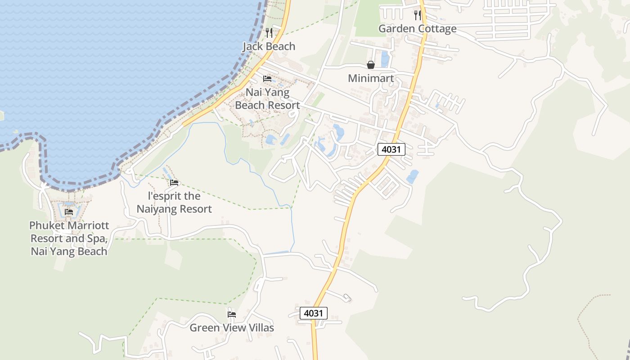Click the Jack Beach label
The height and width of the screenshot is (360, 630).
click(x=269, y=46)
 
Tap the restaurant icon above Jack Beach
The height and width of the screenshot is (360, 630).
click(x=269, y=32)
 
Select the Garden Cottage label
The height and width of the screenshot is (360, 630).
click(x=417, y=29)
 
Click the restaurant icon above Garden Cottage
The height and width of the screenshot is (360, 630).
click(x=418, y=15)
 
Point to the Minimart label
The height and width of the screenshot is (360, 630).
click(x=371, y=78)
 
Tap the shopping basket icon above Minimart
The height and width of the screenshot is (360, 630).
click(x=371, y=65)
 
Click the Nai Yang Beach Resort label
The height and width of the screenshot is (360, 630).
click(x=267, y=99)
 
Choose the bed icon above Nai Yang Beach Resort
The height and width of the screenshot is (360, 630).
click(x=267, y=79)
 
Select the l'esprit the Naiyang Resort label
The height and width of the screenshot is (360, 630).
click(x=174, y=202)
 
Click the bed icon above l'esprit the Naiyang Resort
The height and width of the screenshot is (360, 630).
click(x=174, y=183)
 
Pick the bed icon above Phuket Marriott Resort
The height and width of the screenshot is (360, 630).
click(x=69, y=212)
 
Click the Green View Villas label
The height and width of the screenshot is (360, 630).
click(x=231, y=328)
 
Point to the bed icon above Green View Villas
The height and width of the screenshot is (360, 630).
click(x=232, y=314)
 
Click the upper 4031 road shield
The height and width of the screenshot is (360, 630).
click(x=391, y=149)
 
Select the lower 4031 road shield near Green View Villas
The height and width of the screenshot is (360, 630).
click(x=314, y=313)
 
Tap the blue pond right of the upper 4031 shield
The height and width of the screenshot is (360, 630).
click(x=412, y=176)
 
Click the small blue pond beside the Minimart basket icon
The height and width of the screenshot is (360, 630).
click(x=385, y=59)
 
